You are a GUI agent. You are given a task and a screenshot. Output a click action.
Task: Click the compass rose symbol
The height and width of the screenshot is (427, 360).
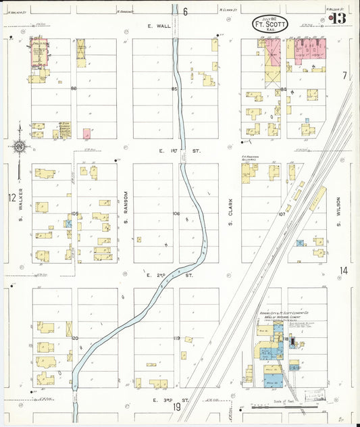click(18, 145)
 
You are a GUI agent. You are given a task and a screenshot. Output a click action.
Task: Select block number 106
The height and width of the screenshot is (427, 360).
click(176, 214)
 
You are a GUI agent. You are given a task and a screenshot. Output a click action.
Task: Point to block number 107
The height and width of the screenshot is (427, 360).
click(282, 214)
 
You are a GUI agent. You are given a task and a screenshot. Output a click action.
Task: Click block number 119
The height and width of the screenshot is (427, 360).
click(176, 338)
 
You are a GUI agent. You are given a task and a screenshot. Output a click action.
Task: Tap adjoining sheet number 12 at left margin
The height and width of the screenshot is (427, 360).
click(11, 198)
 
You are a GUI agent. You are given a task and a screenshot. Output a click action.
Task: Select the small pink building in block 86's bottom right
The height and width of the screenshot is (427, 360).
click(86, 133)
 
